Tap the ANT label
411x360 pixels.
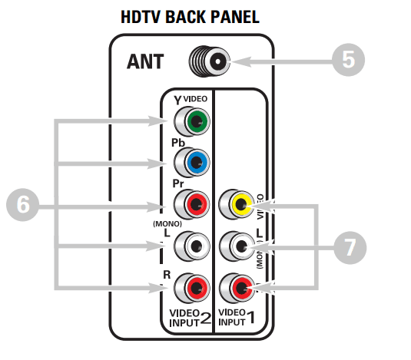(145, 61)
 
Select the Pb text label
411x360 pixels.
(178, 143)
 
